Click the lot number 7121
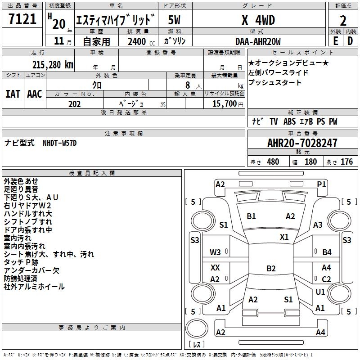click(x=22, y=19)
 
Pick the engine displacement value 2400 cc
click(x=137, y=42)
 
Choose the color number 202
click(x=74, y=104)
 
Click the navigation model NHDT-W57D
click(x=60, y=143)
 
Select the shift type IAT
click(x=13, y=94)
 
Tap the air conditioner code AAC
click(x=35, y=94)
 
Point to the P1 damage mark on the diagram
click(x=321, y=184)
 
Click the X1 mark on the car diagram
click(x=284, y=237)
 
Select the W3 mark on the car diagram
click(x=216, y=252)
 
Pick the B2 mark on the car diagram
click(x=271, y=269)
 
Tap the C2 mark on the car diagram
click(x=326, y=279)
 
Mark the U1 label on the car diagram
click(x=320, y=292)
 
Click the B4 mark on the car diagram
click(x=327, y=252)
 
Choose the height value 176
click(x=346, y=162)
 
